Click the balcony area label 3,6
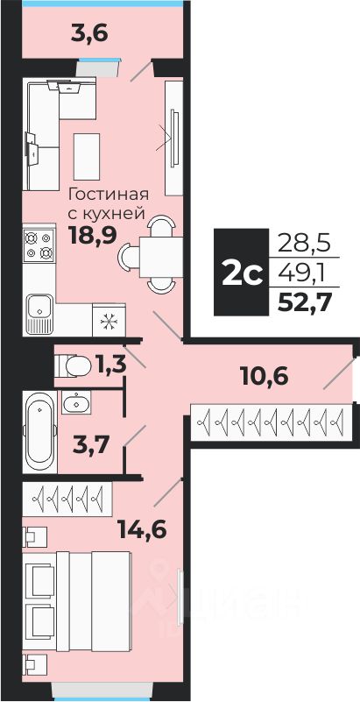click(x=90, y=34)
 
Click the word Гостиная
click(x=108, y=195)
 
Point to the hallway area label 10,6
click(x=264, y=377)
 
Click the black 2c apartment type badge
click(x=242, y=273)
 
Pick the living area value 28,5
click(x=304, y=244)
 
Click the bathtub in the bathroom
click(x=39, y=432)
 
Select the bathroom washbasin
click(x=76, y=402)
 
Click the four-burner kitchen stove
click(x=39, y=245)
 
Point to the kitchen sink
click(x=39, y=314)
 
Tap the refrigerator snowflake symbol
click(x=109, y=321)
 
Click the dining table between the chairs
click(x=161, y=257)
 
